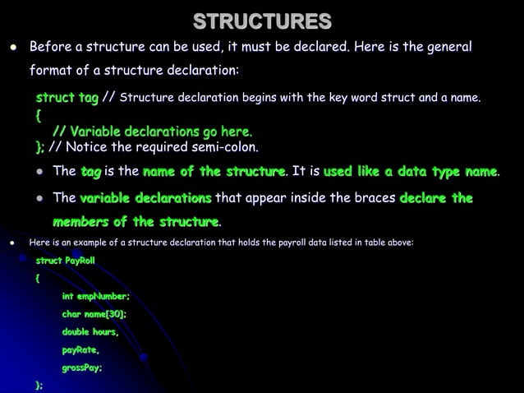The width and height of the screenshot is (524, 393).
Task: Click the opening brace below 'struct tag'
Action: (x=38, y=116)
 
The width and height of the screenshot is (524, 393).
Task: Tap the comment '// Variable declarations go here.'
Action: (x=152, y=132)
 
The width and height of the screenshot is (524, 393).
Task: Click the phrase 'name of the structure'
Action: (x=214, y=172)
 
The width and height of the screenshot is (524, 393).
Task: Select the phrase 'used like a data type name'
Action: (x=411, y=172)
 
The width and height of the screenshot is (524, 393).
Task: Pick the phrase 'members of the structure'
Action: (x=136, y=222)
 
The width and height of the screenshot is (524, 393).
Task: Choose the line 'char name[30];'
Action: (x=94, y=314)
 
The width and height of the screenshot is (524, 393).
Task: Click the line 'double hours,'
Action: (x=90, y=332)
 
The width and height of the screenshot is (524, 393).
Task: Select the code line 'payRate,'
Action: (x=80, y=350)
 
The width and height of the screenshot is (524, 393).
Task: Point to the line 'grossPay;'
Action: (x=82, y=368)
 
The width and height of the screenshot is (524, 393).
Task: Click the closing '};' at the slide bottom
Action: (x=39, y=385)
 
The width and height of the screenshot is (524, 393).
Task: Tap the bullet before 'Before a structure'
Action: (x=12, y=46)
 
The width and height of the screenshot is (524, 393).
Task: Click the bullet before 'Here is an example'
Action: (x=12, y=243)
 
